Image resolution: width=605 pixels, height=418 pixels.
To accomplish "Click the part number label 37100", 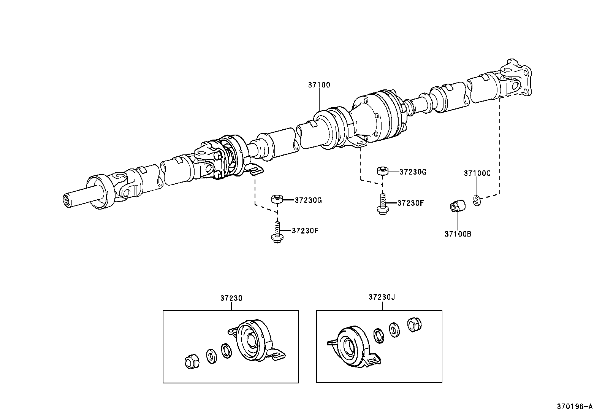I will [319, 85].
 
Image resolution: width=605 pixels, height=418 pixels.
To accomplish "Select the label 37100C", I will [477, 173].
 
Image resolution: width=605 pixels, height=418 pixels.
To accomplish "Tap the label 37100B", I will [458, 234].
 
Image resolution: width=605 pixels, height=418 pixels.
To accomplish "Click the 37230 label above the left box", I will [231, 298].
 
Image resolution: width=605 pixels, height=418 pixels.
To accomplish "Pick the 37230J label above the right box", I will [382, 297].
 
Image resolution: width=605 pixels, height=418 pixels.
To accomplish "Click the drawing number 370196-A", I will [575, 407].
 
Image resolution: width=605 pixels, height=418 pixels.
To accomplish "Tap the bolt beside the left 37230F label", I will [277, 233].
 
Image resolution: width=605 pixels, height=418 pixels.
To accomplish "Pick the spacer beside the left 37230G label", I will [277, 199].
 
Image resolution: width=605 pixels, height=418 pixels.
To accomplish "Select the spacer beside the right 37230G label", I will [382, 171].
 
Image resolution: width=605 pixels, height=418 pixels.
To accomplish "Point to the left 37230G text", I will [308, 200].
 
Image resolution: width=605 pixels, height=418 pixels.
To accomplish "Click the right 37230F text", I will [410, 203].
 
